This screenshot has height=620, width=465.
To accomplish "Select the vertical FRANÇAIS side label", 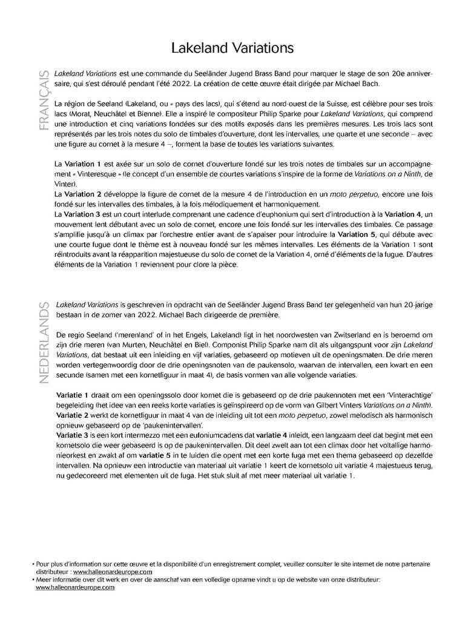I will (x=43, y=101).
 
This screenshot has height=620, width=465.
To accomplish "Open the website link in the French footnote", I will (x=111, y=571).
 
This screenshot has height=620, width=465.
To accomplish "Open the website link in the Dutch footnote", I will (x=75, y=587).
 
